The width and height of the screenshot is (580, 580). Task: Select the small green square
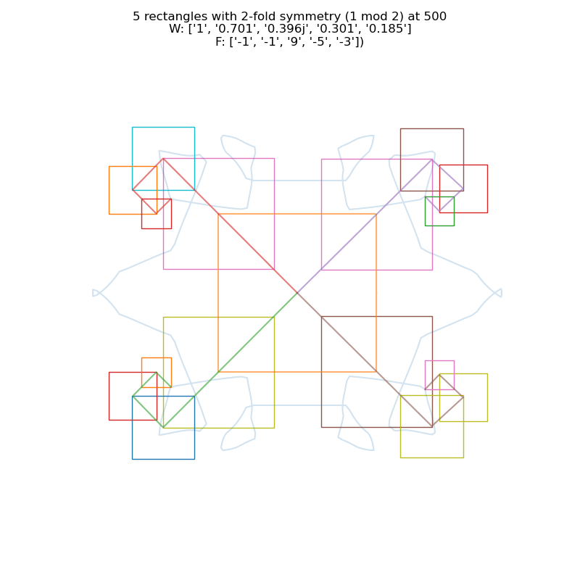tap(439, 211)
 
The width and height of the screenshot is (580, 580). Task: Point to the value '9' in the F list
tap(299, 41)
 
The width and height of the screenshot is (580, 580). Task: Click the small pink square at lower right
tap(439, 375)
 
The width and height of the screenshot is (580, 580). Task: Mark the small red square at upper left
tap(156, 213)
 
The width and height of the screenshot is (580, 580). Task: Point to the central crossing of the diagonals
tap(297, 293)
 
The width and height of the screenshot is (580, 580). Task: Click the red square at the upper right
tap(463, 188)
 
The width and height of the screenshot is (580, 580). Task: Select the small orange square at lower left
tap(156, 372)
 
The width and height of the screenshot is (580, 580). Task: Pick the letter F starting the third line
tap(219, 41)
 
